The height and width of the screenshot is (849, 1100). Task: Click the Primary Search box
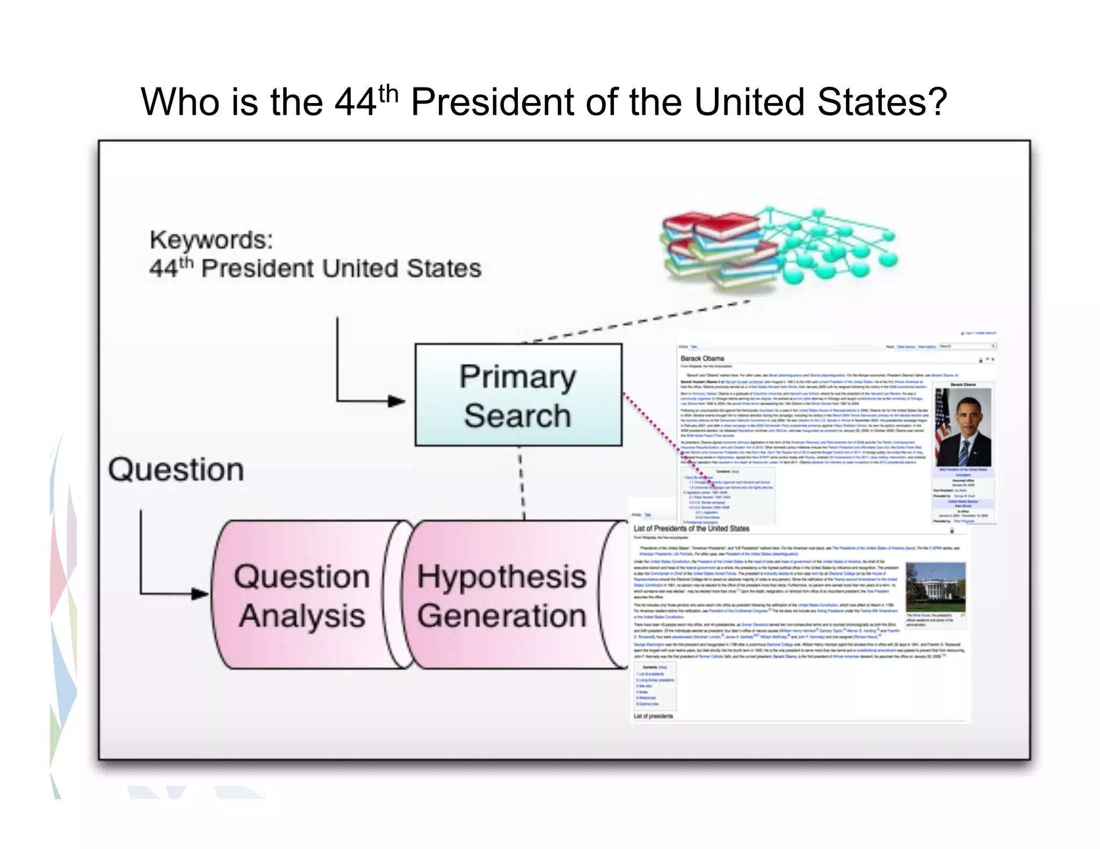tap(518, 395)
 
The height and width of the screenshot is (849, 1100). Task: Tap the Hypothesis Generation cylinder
tap(502, 595)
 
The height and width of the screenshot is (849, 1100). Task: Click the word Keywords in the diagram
tap(211, 240)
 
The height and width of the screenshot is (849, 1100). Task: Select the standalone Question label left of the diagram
tap(176, 470)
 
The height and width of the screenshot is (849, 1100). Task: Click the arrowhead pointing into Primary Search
tap(397, 401)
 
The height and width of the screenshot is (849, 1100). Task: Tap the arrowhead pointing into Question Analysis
tap(200, 594)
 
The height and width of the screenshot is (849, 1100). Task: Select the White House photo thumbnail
tap(935, 588)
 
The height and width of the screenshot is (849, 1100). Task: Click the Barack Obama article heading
tap(702, 358)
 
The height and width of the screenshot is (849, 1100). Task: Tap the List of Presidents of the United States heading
tap(691, 529)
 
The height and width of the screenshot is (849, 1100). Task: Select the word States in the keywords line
tap(444, 268)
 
